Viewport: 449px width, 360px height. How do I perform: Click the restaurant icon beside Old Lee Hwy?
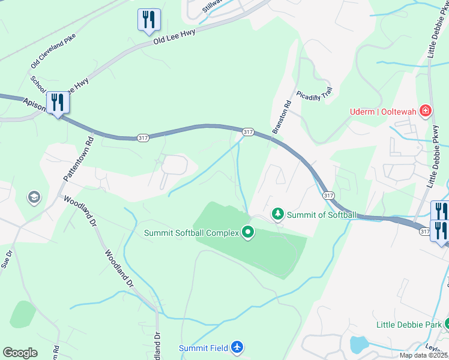pos(148,20)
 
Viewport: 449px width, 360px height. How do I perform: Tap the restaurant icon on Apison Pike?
pos(58,103)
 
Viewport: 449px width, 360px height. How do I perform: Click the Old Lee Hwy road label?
pos(174,37)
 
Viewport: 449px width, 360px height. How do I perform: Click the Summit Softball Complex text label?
pos(190,232)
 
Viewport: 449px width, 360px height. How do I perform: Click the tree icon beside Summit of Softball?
pos(277,214)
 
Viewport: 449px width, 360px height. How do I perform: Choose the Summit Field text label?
pos(203,348)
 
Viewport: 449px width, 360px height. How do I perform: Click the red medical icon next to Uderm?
pos(426,110)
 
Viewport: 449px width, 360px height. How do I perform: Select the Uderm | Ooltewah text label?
pos(384,111)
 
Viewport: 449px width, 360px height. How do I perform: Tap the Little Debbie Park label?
pos(408,325)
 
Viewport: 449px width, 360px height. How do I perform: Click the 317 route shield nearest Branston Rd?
pos(247,131)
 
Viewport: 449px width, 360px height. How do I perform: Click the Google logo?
pos(20,353)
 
